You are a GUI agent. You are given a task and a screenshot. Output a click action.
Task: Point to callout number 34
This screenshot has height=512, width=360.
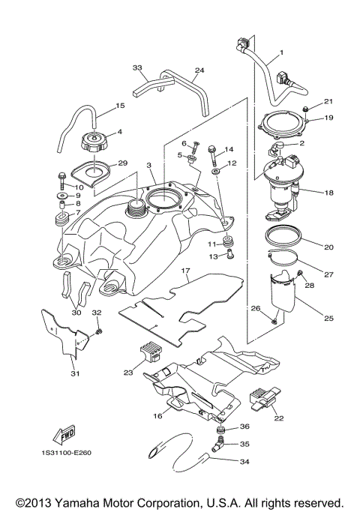click(x=244, y=462)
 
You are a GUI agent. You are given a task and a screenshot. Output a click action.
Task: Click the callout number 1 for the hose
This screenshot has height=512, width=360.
click(x=282, y=53)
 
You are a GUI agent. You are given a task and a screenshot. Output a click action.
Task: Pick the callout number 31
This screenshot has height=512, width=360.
click(x=74, y=374)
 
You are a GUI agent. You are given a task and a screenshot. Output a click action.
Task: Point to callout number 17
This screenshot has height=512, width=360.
click(x=184, y=269)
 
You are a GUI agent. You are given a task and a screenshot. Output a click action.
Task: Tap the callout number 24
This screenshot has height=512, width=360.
click(x=199, y=71)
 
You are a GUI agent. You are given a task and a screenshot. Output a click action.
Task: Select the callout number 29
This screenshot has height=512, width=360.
click(x=123, y=163)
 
